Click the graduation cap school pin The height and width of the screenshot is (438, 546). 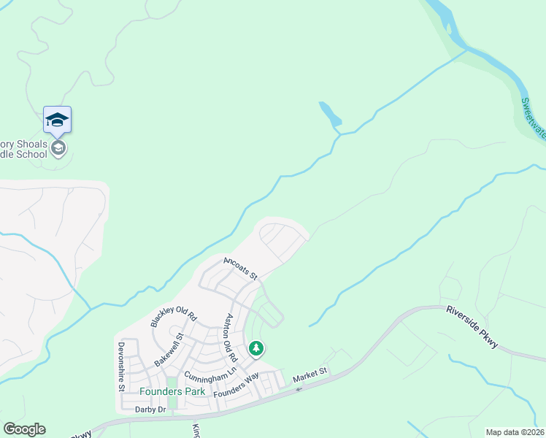[x=57, y=120]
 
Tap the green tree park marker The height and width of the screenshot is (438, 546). [x=256, y=348]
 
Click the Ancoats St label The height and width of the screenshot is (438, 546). [x=241, y=268]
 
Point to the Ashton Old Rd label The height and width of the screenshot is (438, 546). [x=231, y=339]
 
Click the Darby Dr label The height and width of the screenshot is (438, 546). [x=151, y=410]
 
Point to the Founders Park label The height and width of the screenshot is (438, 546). [x=172, y=391]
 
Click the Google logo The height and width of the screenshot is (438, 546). [x=24, y=429]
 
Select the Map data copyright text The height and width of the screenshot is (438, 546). [x=515, y=432]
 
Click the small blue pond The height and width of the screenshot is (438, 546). [x=330, y=114]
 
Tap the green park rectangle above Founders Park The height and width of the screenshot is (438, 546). [x=172, y=383]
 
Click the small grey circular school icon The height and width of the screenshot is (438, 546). [x=58, y=148]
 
